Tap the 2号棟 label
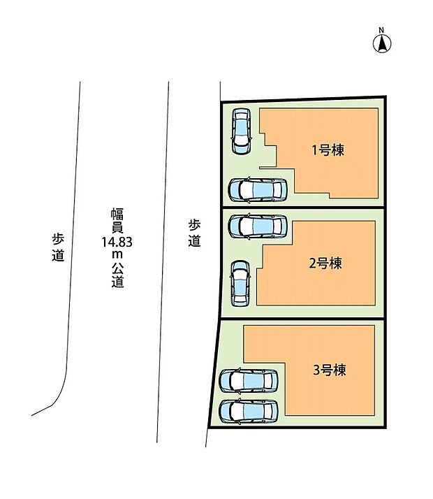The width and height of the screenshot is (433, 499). click(x=325, y=263)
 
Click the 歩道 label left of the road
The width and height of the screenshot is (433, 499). click(x=58, y=246)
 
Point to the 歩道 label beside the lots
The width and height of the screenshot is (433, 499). click(x=194, y=233)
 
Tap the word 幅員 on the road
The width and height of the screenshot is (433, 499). click(x=117, y=219)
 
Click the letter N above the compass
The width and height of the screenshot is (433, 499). click(x=381, y=29)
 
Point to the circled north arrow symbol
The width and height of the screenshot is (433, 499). click(x=381, y=43)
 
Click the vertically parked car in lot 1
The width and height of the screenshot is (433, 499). click(x=241, y=131)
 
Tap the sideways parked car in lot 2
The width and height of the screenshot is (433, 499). click(x=258, y=225)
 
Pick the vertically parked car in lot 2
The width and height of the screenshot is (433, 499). click(x=240, y=283)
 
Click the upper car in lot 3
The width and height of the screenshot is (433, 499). click(x=249, y=381)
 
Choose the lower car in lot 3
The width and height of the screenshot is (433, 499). click(x=249, y=412)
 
